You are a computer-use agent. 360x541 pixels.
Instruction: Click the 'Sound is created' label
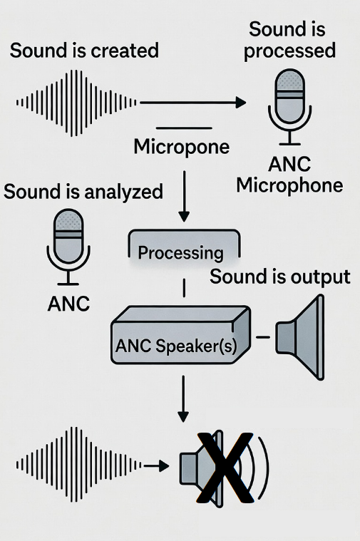click(84, 51)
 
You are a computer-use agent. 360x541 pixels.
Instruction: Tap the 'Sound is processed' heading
click(292, 40)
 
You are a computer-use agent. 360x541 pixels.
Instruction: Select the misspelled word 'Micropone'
click(181, 148)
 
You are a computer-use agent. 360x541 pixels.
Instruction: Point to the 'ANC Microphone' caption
click(289, 175)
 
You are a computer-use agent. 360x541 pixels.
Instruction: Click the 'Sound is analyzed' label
click(83, 192)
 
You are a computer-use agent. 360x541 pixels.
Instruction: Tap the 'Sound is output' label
click(279, 277)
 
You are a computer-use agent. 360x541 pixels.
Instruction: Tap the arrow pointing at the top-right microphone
click(192, 103)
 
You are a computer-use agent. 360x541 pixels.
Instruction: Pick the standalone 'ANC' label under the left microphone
click(68, 304)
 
